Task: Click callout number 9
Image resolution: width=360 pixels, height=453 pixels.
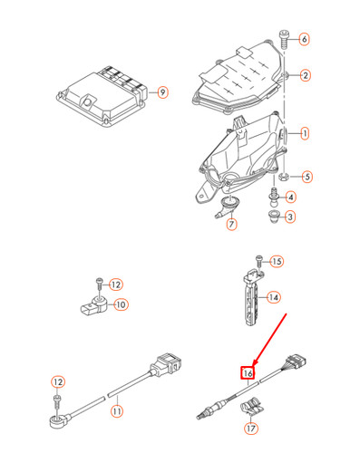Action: tap(162, 91)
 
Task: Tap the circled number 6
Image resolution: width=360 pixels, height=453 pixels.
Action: tap(304, 39)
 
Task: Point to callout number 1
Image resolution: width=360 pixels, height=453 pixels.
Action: tap(306, 133)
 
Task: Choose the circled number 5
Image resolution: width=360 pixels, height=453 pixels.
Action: tap(306, 177)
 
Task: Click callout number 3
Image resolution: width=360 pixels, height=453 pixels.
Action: tap(290, 217)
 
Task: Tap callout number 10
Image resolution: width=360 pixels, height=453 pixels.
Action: tap(121, 305)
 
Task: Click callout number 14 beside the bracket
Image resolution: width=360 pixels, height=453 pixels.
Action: tap(273, 296)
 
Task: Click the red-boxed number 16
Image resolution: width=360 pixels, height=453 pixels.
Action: tap(246, 371)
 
